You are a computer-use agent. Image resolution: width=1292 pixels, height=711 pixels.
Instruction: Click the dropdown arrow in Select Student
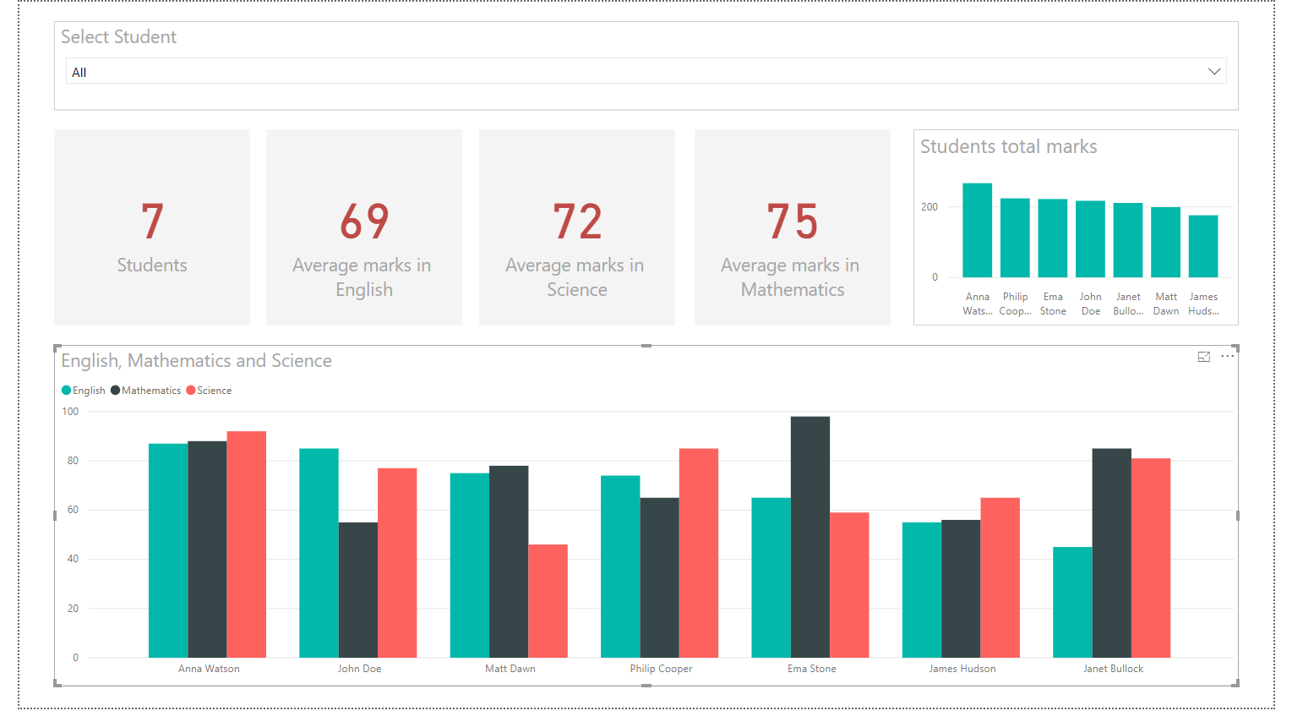pos(1214,72)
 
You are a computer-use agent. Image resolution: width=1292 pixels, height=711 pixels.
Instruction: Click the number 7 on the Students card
pos(152,222)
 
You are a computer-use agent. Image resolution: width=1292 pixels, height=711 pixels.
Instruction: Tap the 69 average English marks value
pos(364,222)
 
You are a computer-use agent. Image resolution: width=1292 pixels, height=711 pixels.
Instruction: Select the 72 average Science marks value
pos(577,222)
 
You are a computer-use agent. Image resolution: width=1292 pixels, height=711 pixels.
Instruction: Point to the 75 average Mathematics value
pos(793,222)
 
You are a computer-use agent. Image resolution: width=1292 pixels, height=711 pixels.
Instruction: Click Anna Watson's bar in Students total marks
pos(978,230)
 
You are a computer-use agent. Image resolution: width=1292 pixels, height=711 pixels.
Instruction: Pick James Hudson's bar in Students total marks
pos(1203,246)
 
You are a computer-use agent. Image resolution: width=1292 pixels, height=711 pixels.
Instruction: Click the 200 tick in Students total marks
pos(929,207)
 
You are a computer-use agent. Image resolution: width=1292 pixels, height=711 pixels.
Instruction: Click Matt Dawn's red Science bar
pos(548,601)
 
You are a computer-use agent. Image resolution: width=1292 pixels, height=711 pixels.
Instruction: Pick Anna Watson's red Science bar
pos(247,544)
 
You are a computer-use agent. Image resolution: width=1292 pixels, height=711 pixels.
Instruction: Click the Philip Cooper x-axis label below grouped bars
pos(661,669)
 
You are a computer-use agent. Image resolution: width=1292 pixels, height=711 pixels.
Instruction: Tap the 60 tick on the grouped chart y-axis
pos(73,510)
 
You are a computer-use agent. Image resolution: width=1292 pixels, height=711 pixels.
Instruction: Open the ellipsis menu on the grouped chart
pos(1228,357)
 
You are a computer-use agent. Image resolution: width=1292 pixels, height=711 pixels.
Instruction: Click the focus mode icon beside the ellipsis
pos(1204,357)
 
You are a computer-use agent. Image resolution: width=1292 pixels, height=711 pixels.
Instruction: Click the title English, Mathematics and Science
pos(196,361)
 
